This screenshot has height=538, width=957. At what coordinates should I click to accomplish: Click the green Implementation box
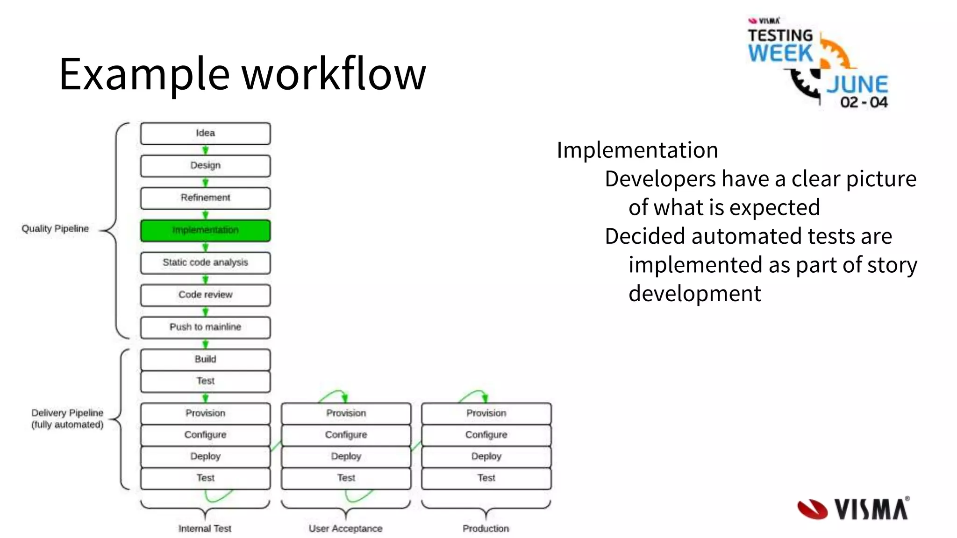205,230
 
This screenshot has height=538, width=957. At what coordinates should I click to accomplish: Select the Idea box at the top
205,133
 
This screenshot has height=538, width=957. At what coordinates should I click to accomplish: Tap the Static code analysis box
205,262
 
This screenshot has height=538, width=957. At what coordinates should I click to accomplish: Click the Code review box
205,295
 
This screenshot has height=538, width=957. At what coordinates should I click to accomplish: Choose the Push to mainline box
205,327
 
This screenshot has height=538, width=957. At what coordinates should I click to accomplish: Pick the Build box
205,359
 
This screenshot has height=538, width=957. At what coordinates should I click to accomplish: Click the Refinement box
205,198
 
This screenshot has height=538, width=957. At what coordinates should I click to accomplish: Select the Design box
205,165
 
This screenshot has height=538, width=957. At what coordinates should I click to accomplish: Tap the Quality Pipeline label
55,228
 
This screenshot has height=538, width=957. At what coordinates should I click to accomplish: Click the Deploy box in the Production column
486,456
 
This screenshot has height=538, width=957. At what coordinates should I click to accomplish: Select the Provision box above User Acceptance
346,413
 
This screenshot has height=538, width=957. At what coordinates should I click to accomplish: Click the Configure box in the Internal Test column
205,435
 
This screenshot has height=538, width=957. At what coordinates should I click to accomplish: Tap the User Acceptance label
345,528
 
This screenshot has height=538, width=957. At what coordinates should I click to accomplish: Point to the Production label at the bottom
486,528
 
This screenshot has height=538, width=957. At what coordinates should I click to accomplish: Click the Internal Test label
205,528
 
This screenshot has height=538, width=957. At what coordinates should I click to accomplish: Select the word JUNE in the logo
857,85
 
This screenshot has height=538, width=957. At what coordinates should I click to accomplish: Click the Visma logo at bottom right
853,509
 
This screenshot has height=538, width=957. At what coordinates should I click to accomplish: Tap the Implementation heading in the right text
637,150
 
